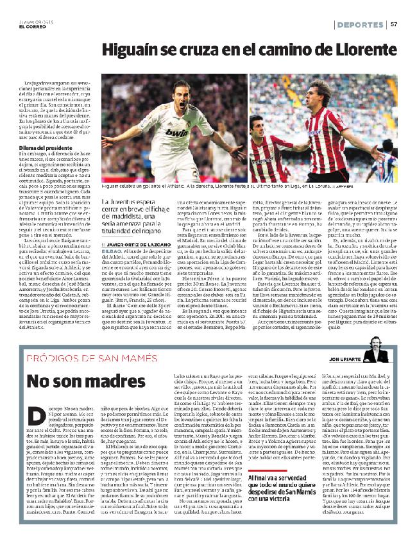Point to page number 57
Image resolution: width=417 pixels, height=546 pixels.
(395, 24)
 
